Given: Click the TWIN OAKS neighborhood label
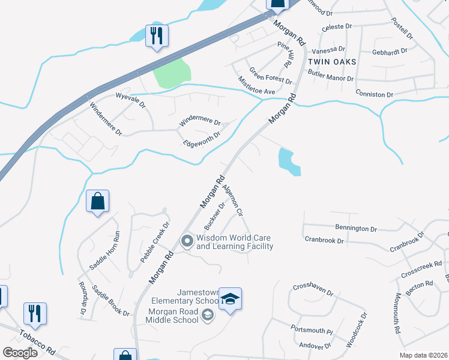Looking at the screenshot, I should point(332,62).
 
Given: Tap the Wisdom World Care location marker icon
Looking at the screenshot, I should point(187,242).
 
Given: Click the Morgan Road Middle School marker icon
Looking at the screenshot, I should point(207,315).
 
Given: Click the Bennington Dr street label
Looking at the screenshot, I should point(357,229).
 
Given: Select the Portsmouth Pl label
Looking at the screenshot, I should point(311,331).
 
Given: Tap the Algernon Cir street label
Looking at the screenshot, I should point(232,200).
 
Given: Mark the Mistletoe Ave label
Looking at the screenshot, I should point(256,85).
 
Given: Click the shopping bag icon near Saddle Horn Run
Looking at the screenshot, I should point(97,203).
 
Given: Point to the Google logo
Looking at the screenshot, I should point(20,353).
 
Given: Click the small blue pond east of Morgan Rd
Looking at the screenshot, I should point(289,162).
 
